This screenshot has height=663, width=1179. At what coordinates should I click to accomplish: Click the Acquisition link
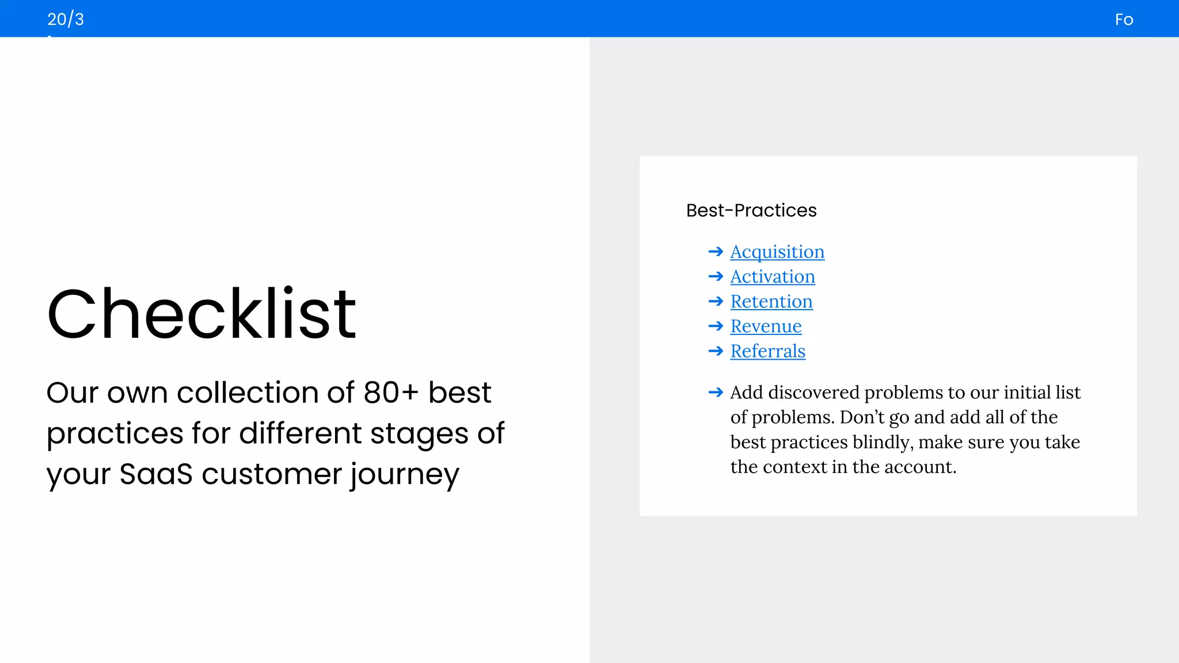pos(777,252)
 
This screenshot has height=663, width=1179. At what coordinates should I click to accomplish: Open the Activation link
pos(772,277)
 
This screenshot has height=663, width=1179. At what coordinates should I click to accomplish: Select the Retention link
pos(771,302)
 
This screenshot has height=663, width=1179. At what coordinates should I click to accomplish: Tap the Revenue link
pos(765,326)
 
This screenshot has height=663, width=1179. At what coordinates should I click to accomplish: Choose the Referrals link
pos(767,351)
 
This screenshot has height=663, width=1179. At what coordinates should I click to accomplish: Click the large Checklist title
pos(201,314)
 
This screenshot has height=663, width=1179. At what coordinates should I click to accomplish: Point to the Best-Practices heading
pos(751,211)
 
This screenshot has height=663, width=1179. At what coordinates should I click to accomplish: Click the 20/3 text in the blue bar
pos(66,20)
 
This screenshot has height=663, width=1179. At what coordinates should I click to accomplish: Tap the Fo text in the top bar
pos(1123,20)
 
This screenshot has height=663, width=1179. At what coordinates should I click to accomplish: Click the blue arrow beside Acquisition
pos(716,252)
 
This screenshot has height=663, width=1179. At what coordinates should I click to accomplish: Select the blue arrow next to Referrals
pos(716,351)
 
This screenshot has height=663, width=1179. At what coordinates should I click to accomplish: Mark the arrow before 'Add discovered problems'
pos(716,393)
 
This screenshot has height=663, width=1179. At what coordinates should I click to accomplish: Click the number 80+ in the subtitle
pos(391,393)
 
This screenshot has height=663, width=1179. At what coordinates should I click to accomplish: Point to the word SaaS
pos(155,475)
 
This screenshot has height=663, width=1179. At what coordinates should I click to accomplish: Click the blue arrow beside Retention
pos(716,302)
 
